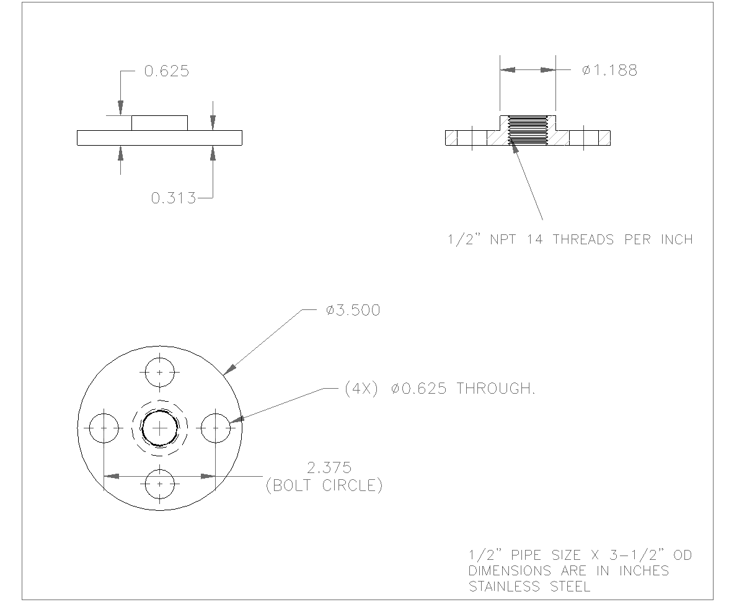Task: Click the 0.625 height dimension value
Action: pos(166,71)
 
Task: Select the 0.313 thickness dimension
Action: pos(173,198)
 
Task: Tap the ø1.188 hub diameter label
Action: pos(609,71)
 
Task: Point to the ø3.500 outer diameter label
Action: pos(353,310)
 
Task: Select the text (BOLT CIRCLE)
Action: pos(324,485)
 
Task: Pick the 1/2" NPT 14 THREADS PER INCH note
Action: pos(570,240)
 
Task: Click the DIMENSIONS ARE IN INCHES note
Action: pos(568,570)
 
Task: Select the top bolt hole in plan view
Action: pos(160,372)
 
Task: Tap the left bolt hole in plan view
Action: pos(104,428)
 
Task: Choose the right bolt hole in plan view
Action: pos(216,428)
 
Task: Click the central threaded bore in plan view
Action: pos(160,428)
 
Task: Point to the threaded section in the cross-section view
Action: pos(528,131)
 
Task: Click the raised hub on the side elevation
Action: pos(159,123)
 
